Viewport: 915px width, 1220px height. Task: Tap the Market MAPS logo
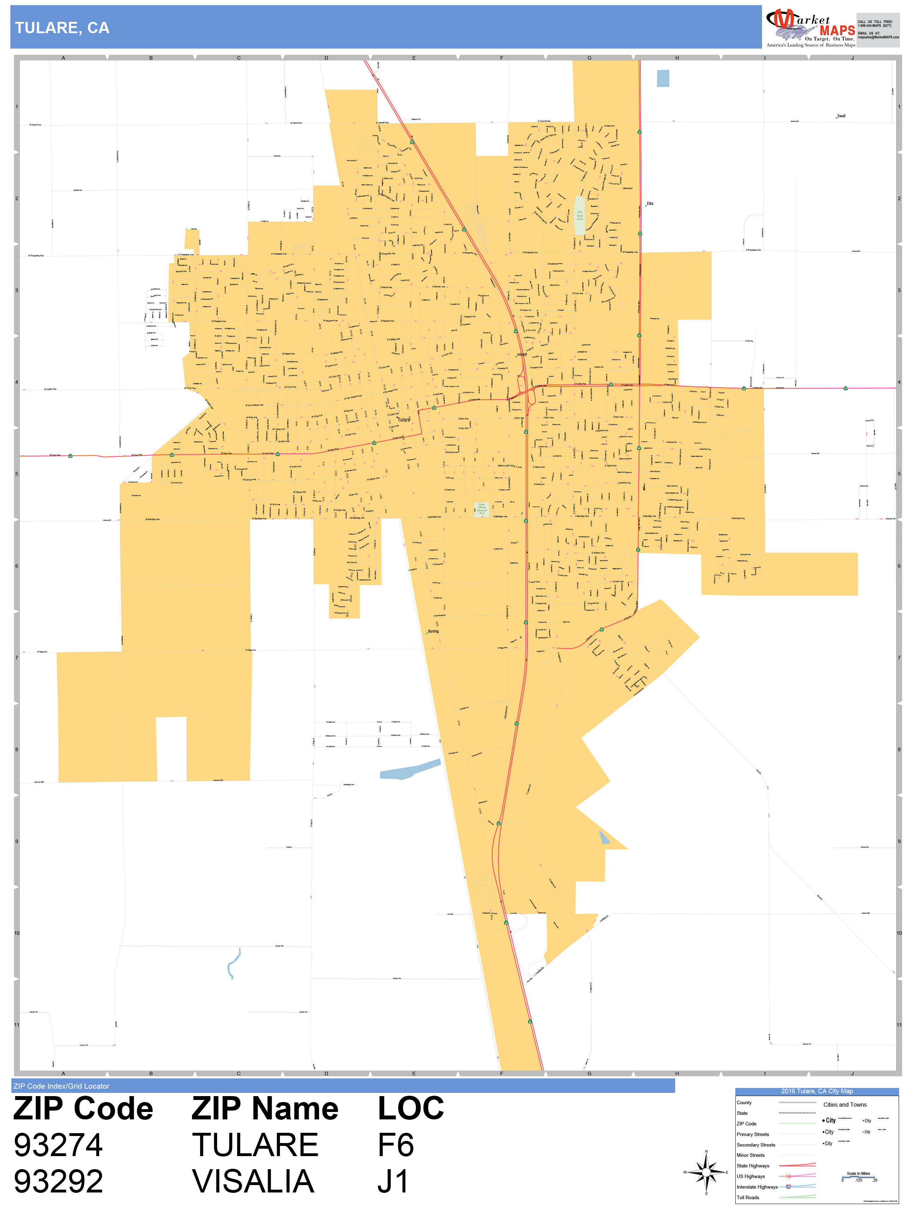(810, 28)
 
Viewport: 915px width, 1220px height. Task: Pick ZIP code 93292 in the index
(58, 1182)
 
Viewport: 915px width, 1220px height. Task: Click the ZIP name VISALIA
(253, 1182)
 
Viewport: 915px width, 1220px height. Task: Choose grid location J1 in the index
(393, 1182)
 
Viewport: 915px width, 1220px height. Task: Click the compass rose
(706, 1172)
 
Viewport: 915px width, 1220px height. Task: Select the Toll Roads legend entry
(748, 1197)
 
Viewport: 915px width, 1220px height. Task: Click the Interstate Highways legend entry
(757, 1187)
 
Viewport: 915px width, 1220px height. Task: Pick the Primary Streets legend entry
(752, 1135)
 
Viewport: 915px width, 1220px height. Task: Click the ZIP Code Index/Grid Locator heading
(61, 1086)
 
